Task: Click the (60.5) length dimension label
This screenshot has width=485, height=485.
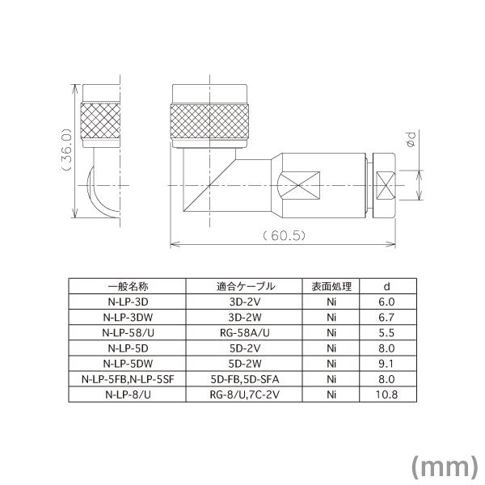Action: click(281, 236)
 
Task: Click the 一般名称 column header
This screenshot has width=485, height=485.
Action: click(127, 286)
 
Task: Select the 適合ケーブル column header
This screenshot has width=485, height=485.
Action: click(245, 286)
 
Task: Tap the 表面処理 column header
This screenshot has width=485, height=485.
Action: click(331, 286)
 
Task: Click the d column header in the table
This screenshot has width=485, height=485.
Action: click(387, 286)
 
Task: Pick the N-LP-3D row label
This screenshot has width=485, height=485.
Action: click(127, 302)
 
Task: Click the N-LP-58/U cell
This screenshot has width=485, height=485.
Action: click(127, 332)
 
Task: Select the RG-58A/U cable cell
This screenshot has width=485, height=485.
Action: click(245, 332)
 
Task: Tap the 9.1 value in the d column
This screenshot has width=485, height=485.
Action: click(387, 363)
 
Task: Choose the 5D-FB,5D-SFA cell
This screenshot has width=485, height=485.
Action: click(245, 378)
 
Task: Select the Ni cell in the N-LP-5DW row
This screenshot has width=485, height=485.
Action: click(331, 363)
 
